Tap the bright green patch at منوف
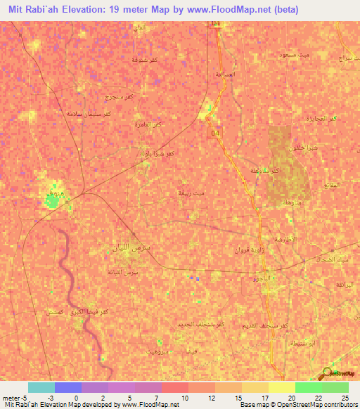pyautogui.click(x=52, y=202)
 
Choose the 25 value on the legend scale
pyautogui.click(x=344, y=397)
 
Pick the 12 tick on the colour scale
pyautogui.click(x=212, y=397)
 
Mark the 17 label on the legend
pyautogui.click(x=265, y=397)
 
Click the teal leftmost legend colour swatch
pyautogui.click(x=41, y=387)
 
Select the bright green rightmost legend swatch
pyautogui.click(x=335, y=387)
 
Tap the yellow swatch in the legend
pyautogui.click(x=282, y=387)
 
